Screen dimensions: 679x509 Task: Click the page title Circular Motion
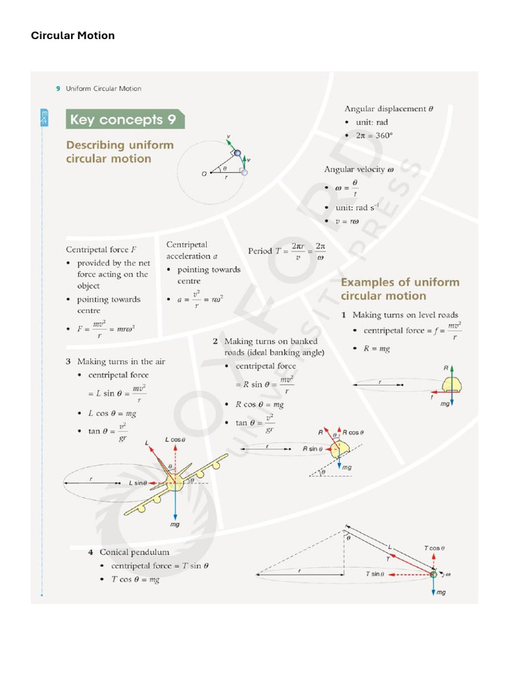coord(73,36)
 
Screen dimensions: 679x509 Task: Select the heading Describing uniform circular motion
coord(119,152)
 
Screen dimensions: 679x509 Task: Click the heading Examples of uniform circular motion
coord(400,289)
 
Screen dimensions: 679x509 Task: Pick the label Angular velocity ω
coord(359,170)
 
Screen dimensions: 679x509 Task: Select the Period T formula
coord(286,251)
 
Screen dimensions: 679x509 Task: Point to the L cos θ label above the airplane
coord(175,440)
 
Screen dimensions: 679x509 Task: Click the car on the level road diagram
coord(450,385)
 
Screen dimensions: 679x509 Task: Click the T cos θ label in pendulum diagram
coord(434,548)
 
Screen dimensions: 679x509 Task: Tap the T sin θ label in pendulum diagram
coord(374,574)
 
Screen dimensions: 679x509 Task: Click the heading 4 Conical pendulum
coord(129,552)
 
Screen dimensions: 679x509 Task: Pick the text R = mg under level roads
coord(376,348)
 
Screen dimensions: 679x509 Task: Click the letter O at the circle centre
coord(204,174)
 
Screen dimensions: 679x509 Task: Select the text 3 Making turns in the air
coord(115,361)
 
